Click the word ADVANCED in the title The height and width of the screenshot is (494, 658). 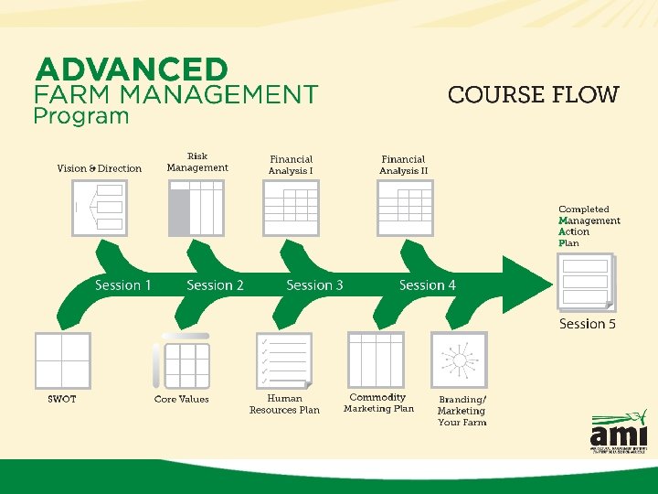coord(131,70)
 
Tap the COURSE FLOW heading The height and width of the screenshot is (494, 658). coord(533,94)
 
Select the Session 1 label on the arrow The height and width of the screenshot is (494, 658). coord(123,285)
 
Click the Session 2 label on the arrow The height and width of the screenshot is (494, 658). coord(215,285)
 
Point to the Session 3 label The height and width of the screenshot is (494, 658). coord(314,285)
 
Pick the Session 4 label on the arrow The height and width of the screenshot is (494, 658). coord(427,285)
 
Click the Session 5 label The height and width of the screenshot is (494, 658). coord(588,324)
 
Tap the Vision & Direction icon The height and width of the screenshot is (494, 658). coord(100,208)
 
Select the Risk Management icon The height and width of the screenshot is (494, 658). coord(196,208)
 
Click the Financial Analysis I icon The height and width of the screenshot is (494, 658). coord(291,208)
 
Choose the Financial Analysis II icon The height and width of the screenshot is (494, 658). coord(405,208)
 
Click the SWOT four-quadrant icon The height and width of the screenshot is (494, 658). coord(63,360)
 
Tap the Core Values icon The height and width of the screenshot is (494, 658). coord(182,363)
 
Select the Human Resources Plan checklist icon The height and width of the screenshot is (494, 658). coord(284,360)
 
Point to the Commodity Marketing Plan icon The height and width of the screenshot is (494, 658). coord(376,360)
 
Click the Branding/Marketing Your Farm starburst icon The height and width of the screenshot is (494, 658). coord(459,360)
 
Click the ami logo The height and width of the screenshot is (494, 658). coord(619,432)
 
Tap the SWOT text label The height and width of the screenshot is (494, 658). coord(62,399)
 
